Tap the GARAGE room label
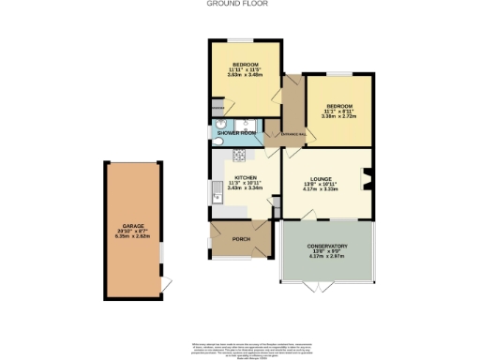(131, 229)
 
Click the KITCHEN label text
(245, 176)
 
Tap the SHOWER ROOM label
(237, 133)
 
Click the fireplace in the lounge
(367, 177)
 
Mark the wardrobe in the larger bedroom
(217, 109)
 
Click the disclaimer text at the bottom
(240, 348)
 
